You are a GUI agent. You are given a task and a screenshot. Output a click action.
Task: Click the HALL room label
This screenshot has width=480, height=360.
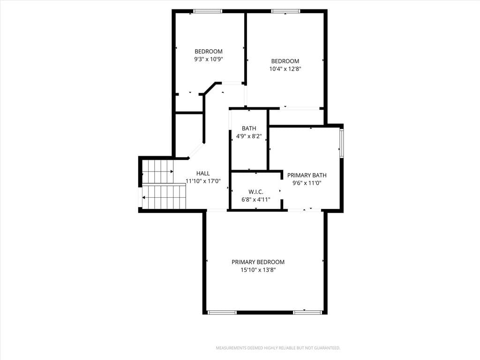[203, 173]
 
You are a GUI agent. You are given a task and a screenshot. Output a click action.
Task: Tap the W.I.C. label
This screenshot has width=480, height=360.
[255, 192]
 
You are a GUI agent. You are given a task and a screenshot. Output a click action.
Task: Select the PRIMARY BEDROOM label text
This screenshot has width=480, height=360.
[258, 262]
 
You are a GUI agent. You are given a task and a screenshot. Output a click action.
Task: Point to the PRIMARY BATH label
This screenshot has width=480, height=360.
[307, 175]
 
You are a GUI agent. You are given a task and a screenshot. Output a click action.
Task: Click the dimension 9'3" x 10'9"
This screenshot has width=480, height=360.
[209, 59]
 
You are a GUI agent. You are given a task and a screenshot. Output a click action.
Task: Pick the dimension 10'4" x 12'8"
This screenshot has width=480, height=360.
[285, 69]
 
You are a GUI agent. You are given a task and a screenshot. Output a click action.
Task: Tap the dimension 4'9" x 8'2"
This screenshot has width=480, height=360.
[249, 136]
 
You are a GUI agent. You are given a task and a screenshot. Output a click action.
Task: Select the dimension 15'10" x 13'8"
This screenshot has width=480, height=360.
[258, 270]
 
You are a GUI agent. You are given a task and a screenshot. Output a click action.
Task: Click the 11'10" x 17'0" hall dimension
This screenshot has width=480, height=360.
[203, 181]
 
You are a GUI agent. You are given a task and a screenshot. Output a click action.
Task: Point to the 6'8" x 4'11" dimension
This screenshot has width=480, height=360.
[255, 200]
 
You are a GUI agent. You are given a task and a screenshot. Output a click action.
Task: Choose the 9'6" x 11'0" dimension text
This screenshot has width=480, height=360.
[307, 183]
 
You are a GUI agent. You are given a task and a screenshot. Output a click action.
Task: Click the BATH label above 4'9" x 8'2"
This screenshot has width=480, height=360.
[249, 128]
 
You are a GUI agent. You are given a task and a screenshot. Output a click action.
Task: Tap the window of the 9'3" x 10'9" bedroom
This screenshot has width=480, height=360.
[208, 11]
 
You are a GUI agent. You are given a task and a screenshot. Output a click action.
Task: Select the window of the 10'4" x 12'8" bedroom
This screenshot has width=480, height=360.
[285, 11]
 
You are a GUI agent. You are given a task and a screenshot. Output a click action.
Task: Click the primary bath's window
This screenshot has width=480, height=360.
[342, 143]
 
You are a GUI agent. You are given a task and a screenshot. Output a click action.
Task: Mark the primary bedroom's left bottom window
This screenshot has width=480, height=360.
[222, 313]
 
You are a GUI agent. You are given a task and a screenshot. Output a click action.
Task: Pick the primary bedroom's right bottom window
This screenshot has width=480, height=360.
[307, 313]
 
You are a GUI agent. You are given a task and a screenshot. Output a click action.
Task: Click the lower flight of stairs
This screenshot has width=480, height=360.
[164, 197]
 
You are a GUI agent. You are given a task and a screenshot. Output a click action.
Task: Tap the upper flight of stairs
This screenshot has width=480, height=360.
[157, 172]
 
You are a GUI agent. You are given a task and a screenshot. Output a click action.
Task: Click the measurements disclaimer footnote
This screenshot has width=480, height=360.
[278, 348]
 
